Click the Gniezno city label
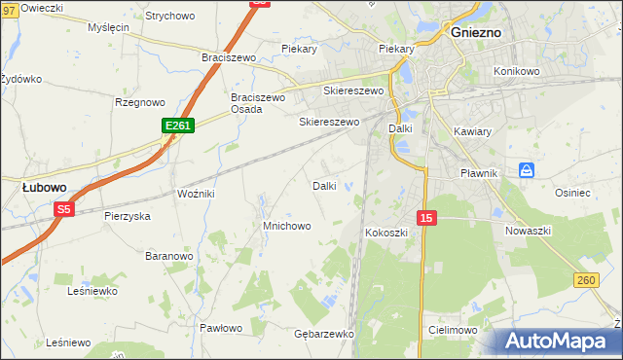(x=476, y=32)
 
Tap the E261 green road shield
(x=179, y=126)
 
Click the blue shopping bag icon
(x=527, y=169)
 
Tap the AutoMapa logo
(x=556, y=341)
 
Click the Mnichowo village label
(x=286, y=226)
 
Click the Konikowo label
(x=516, y=71)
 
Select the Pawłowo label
(x=220, y=328)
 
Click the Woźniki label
(x=195, y=195)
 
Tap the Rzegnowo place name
(x=140, y=101)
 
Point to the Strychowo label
(x=169, y=17)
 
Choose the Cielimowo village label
(x=452, y=331)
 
